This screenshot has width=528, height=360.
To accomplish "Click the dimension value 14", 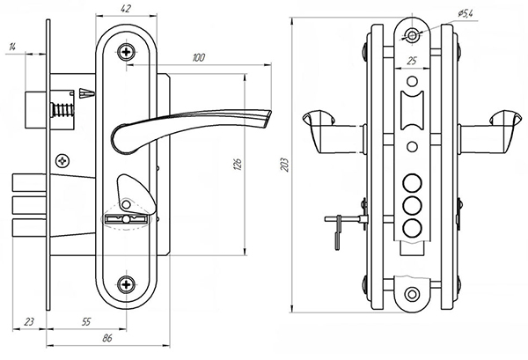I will tap(13, 47).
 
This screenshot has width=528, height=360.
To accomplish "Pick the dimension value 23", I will tap(29, 323).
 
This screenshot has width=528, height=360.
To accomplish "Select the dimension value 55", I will tap(85, 323).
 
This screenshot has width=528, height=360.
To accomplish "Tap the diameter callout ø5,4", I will tap(466, 11).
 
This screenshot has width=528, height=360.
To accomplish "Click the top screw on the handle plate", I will tap(129, 53).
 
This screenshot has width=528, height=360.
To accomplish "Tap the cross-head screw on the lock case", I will tap(62, 160).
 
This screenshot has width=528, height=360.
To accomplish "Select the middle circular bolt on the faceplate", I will tap(410, 205).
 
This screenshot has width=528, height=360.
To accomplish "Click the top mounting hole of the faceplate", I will tap(412, 36).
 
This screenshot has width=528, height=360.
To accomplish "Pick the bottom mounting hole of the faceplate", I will tap(411, 294).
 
